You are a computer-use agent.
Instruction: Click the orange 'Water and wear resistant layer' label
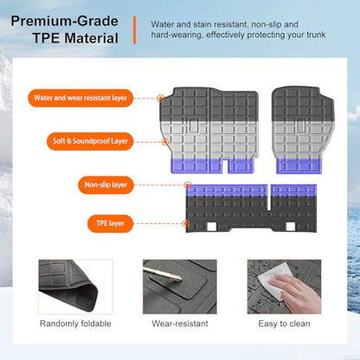80,98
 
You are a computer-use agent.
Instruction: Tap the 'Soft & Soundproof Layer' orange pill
90,141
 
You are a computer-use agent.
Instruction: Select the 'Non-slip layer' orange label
106,185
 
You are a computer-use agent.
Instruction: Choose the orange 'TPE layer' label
110,223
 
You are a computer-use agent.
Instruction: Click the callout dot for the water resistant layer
161,98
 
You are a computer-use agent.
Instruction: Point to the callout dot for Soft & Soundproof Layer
165,142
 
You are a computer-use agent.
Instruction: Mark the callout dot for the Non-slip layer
188,185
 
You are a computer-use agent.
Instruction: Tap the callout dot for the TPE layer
186,223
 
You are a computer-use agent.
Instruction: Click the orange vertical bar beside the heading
134,30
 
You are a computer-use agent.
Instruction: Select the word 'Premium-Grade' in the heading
64,21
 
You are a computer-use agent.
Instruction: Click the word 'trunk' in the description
316,35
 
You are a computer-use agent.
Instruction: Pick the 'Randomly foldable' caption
75,324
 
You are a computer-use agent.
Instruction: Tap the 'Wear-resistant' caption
180,324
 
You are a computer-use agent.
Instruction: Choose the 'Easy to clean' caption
284,324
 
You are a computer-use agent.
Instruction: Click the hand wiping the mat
297,292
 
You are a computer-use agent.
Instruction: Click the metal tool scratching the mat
162,273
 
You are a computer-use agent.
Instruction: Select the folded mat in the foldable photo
70,285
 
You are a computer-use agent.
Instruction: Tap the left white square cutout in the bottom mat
212,227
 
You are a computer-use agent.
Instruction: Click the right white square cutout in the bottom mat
291,227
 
